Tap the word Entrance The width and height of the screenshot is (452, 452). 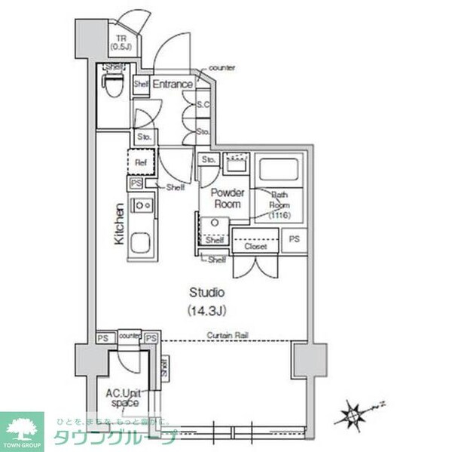[173, 85]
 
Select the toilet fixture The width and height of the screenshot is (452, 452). [114, 86]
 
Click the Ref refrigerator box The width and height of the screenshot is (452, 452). [140, 161]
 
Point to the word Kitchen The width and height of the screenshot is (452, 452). [119, 224]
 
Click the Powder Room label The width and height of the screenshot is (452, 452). [226, 198]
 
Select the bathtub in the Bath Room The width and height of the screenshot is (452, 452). [279, 168]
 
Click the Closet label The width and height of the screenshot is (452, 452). [256, 246]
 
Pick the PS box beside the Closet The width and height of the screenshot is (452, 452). [294, 239]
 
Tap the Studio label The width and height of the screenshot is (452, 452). [207, 292]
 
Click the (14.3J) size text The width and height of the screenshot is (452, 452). [207, 309]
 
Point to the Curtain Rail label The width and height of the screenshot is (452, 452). [228, 335]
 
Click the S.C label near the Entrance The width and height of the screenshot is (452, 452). [203, 105]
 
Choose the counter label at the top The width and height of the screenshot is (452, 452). [222, 67]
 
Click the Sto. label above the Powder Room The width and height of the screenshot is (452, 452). [209, 159]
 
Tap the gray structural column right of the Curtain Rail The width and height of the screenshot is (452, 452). [309, 360]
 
